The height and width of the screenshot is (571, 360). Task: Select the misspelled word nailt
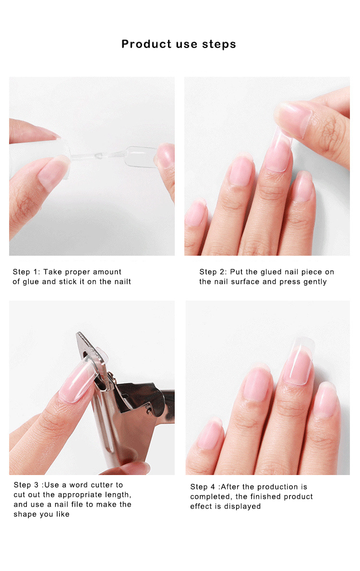[x=122, y=282]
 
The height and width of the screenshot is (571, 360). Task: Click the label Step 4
[x=203, y=487]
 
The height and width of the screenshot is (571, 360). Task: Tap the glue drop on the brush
[x=97, y=156]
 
